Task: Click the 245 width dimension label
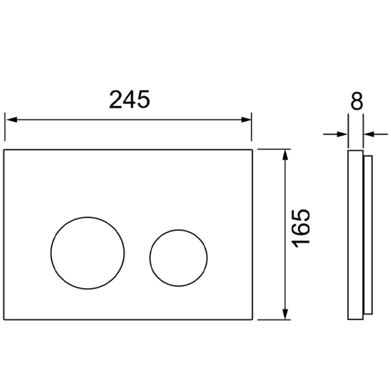129,99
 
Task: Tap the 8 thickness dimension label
356,101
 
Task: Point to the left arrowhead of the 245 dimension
11,120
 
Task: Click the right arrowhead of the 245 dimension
246,120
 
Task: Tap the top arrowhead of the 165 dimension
285,154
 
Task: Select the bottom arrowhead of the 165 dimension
285,314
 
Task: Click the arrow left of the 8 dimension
335,135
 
